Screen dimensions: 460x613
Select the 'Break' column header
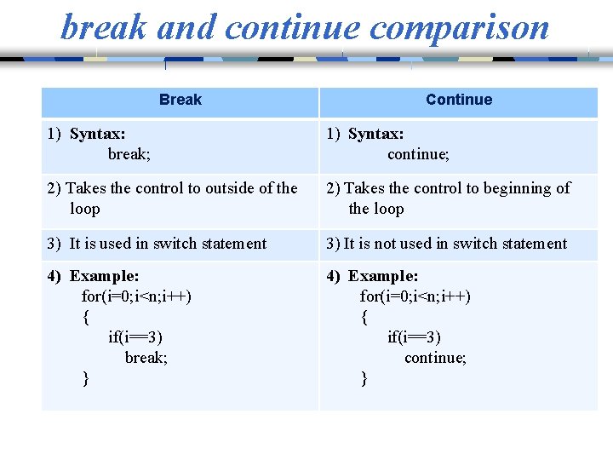(x=180, y=100)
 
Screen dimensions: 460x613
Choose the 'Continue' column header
(x=459, y=100)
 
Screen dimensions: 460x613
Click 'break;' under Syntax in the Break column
(x=129, y=154)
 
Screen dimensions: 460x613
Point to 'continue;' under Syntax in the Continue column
(x=418, y=154)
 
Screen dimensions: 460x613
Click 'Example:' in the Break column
(x=105, y=276)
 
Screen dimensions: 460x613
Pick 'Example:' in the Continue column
(x=383, y=276)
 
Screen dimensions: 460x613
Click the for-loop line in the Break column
(x=136, y=296)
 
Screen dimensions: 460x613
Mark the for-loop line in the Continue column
(x=415, y=296)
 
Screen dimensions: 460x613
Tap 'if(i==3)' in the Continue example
(x=414, y=337)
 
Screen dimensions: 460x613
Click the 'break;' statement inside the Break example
(x=146, y=358)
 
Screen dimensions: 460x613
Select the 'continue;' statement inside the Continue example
(x=435, y=358)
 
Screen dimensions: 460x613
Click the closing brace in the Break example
(x=85, y=378)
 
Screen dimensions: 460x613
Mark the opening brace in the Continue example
(x=364, y=317)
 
